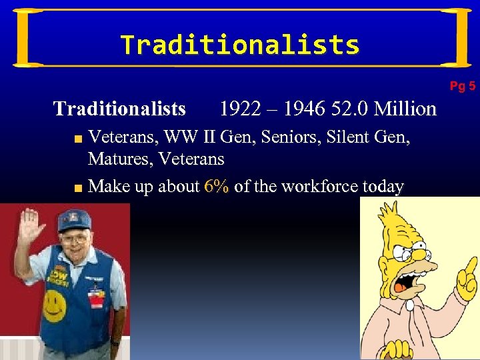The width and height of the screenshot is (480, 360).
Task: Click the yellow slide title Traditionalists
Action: [240, 45]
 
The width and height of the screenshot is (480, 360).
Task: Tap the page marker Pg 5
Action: [462, 86]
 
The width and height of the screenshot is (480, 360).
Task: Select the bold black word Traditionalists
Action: [119, 108]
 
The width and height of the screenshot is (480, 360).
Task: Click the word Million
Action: [405, 108]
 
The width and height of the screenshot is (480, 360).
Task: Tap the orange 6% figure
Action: [217, 186]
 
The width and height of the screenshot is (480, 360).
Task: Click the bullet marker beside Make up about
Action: [78, 187]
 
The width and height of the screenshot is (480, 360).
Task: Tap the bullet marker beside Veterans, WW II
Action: [78, 139]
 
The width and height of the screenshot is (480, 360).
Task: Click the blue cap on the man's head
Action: [73, 221]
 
